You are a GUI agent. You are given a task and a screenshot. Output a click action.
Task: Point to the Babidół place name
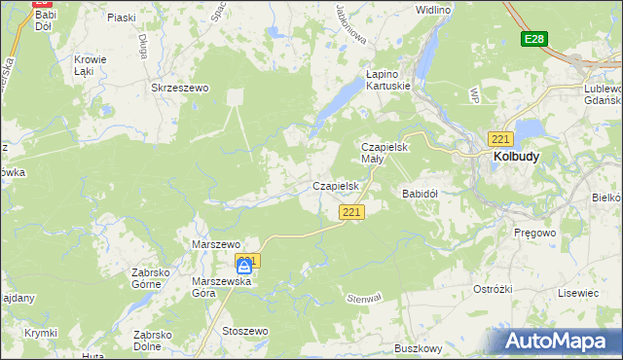tap(421, 194)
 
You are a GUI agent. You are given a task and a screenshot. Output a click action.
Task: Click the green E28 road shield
tap(532, 39)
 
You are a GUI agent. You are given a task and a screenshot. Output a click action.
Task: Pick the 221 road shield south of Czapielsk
tap(351, 212)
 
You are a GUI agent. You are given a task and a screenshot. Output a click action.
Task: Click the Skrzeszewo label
tap(180, 88)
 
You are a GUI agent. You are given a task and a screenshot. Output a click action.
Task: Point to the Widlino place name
tap(432, 10)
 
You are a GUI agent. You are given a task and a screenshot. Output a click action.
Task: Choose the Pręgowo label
tap(532, 234)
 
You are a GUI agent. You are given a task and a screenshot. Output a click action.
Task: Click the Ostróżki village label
tap(493, 290)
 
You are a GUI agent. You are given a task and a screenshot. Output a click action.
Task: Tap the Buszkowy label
tap(419, 347)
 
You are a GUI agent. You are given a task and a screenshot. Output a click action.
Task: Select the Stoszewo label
tap(244, 331)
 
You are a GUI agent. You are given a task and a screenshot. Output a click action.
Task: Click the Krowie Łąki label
tap(90, 64)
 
